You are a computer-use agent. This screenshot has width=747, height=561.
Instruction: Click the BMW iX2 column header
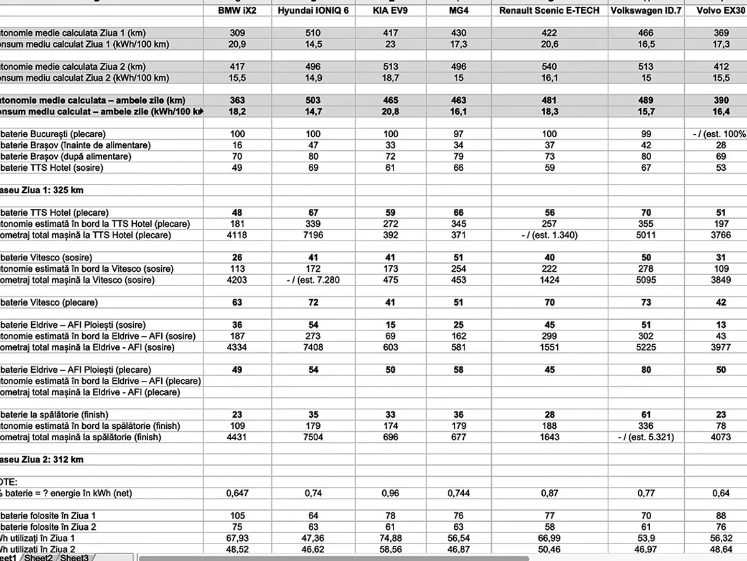[237, 11]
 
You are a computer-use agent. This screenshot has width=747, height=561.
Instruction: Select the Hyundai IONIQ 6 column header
[313, 11]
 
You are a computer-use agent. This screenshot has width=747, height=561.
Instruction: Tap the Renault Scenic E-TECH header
[549, 11]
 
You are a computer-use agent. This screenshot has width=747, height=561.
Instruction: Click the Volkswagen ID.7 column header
[646, 11]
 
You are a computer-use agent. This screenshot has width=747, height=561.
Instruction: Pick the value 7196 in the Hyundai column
[313, 235]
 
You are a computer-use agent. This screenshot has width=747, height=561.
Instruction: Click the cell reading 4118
[237, 235]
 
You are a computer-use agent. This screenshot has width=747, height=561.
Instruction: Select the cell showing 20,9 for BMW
[237, 44]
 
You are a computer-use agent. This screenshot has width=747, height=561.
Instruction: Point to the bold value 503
[313, 100]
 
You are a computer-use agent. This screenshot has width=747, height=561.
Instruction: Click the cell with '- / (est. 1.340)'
[549, 235]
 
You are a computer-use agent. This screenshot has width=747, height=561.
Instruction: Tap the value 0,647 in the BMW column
[237, 493]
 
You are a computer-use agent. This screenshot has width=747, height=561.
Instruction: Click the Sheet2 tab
[40, 557]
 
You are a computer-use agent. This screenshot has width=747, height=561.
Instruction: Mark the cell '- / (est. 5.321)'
[646, 437]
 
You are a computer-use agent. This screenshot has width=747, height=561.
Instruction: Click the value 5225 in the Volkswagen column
[646, 347]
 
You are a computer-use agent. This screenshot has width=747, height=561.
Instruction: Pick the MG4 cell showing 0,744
[458, 493]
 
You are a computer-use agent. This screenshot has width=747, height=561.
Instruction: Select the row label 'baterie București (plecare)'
[54, 134]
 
